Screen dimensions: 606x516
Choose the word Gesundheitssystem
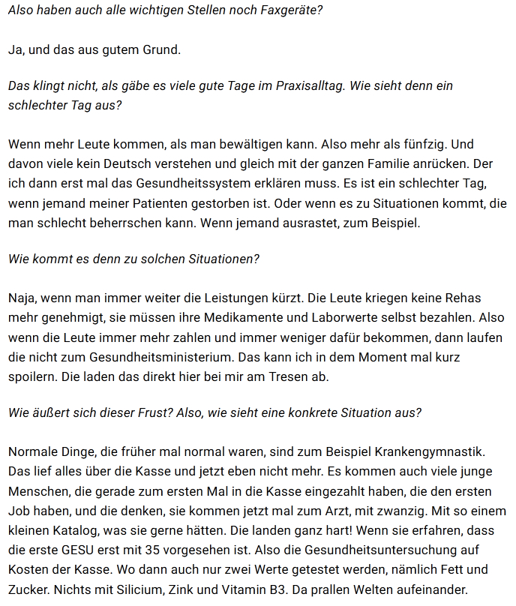point(182,183)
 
